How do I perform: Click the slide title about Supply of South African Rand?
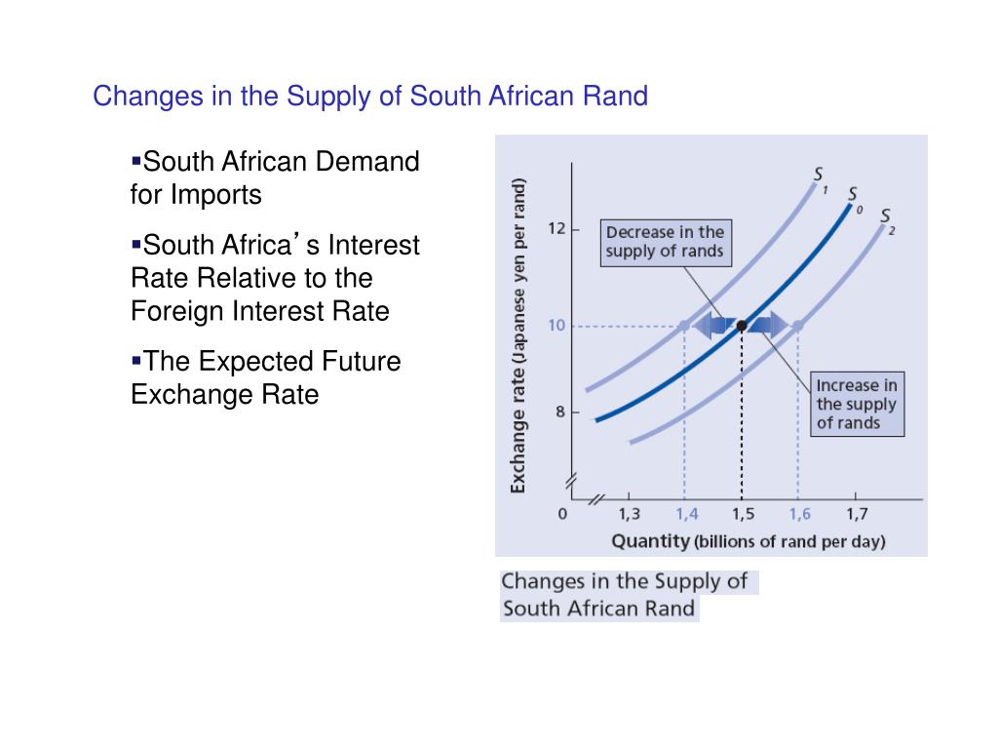(x=369, y=97)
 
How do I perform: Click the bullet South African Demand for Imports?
(x=275, y=177)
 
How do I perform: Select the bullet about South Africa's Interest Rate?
(x=275, y=278)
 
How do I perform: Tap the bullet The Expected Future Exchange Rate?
(x=266, y=378)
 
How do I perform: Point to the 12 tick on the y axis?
(x=556, y=229)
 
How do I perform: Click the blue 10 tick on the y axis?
(x=556, y=325)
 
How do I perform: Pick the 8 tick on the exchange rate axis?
(x=559, y=412)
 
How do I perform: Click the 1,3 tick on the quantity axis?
(x=630, y=514)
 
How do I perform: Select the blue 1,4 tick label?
(x=686, y=514)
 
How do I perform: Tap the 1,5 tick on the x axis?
(x=743, y=514)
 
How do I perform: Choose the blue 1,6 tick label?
(x=799, y=514)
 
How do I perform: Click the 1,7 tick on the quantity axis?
(x=857, y=514)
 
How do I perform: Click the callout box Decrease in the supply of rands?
(x=665, y=241)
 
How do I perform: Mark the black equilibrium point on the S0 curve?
(x=742, y=325)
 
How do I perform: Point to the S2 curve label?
(x=886, y=217)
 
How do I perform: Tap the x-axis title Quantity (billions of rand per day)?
(x=748, y=541)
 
